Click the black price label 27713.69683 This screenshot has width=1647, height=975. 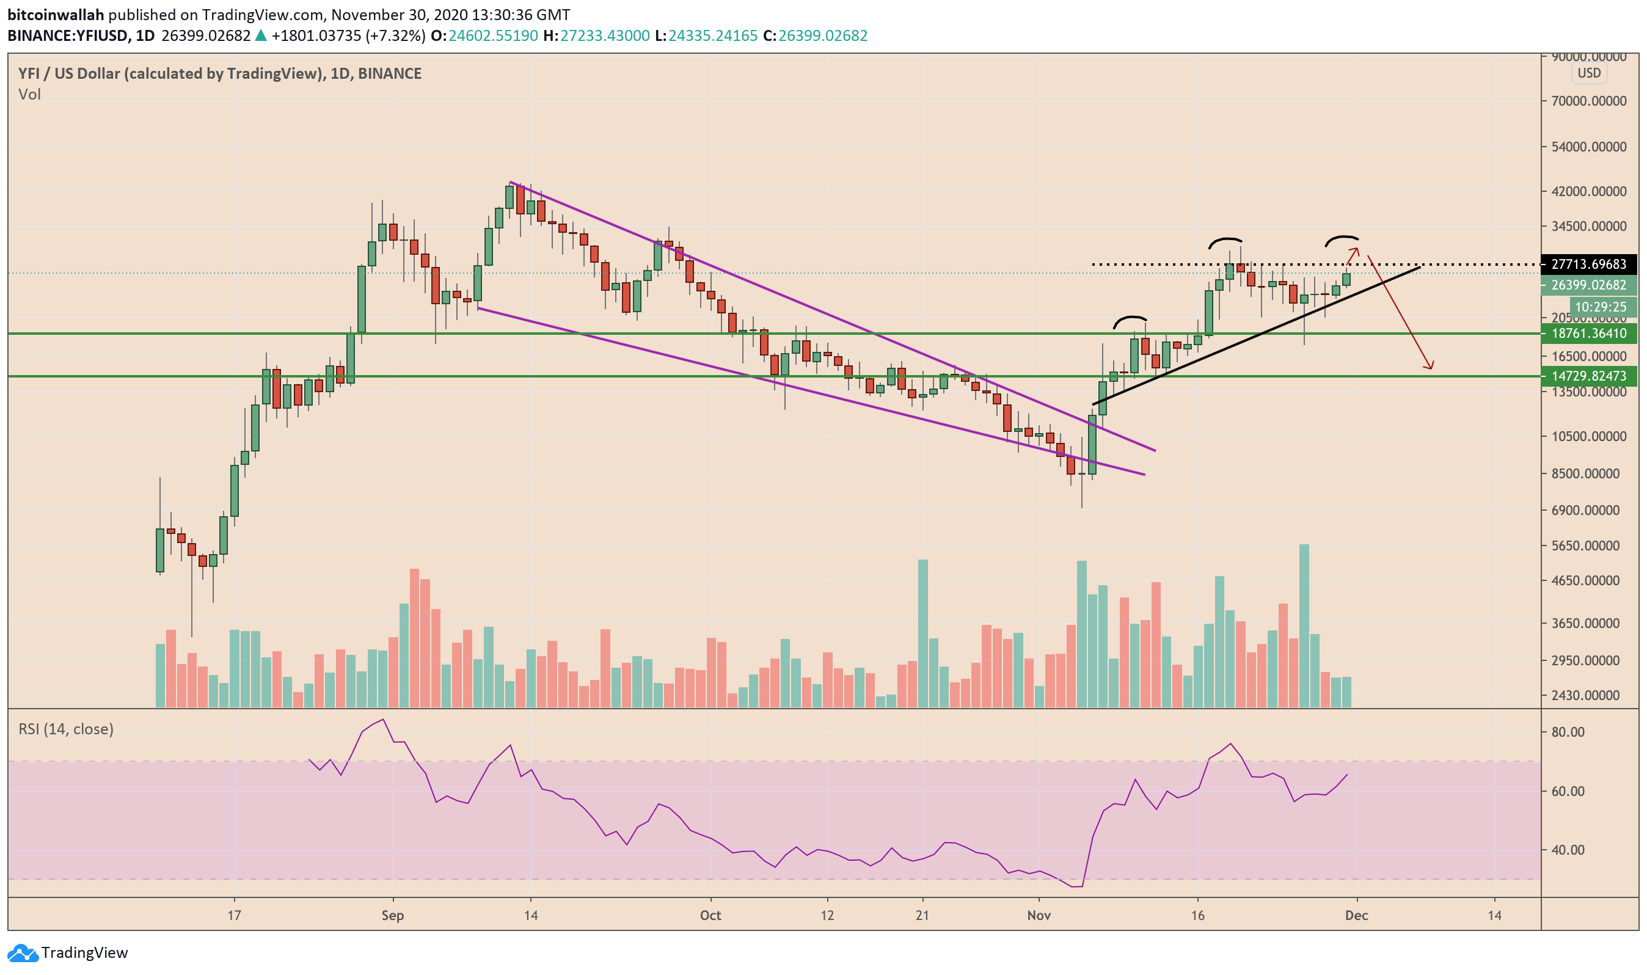[1588, 265]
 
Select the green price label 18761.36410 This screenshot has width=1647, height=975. [1588, 334]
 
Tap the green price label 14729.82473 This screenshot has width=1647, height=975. [1588, 376]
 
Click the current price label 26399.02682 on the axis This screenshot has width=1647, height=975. [1588, 286]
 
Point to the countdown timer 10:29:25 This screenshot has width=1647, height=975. [1601, 307]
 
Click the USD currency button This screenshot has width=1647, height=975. [1589, 73]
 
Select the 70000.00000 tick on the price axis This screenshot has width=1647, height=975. [1588, 101]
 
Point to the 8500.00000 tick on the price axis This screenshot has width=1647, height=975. [1588, 473]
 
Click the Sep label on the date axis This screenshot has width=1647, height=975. [393, 916]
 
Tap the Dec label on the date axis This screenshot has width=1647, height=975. [1357, 916]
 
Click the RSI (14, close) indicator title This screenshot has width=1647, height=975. [66, 729]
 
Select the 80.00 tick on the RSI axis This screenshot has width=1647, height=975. [1568, 732]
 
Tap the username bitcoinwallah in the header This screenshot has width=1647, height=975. [56, 15]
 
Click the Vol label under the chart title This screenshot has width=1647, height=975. [29, 95]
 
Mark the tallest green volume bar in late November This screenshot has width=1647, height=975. [1305, 624]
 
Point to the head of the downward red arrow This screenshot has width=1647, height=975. [1430, 368]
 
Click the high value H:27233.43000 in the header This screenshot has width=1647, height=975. [596, 36]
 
